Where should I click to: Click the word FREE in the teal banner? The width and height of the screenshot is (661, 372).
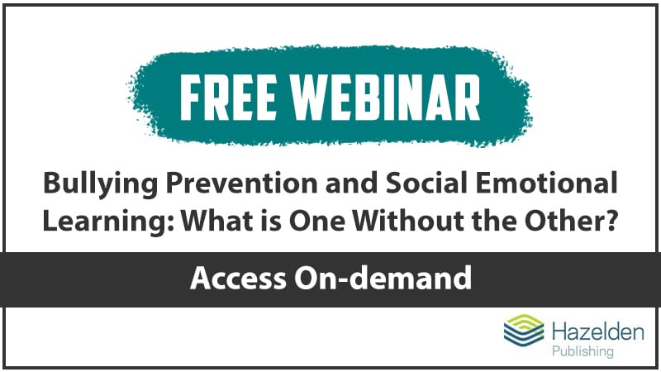228,98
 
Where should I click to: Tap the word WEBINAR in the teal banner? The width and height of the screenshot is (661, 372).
387,98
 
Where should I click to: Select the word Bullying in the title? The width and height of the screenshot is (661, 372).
100,184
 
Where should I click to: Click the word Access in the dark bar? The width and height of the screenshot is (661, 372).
238,279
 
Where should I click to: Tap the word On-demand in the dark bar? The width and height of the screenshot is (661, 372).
383,278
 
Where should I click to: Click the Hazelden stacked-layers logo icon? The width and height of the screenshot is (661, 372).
524,331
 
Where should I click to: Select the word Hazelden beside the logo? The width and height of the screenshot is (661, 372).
597,332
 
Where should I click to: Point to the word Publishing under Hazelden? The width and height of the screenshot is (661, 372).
583,351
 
